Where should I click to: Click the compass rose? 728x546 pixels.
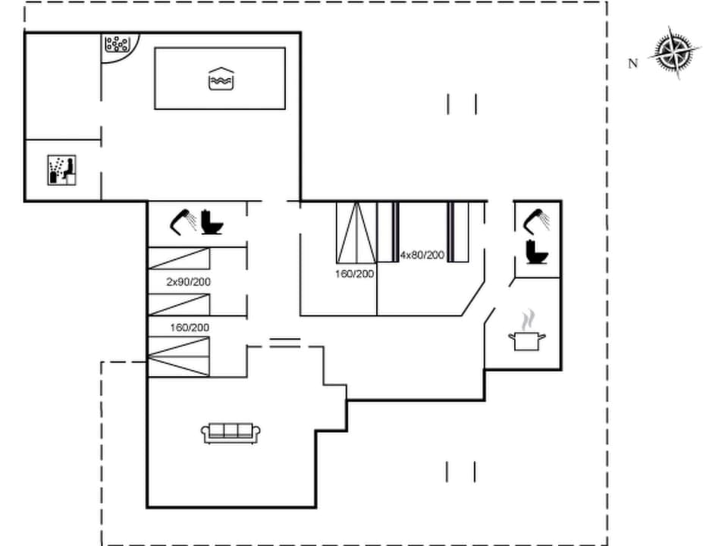[x=674, y=52]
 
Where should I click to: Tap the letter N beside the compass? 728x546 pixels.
[x=633, y=64]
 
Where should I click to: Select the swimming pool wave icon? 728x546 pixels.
[x=220, y=78]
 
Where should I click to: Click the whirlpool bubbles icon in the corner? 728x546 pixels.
[x=117, y=43]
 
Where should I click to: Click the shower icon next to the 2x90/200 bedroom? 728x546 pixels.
[x=184, y=221]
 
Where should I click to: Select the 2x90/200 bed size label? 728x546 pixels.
[x=189, y=282]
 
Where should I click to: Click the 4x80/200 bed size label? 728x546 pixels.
[x=422, y=255]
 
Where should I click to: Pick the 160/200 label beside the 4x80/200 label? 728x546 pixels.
[x=354, y=274]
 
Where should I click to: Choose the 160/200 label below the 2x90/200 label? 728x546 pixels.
[x=190, y=328]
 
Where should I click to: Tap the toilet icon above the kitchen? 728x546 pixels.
[x=537, y=251]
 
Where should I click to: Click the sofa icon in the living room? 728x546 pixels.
[x=231, y=433]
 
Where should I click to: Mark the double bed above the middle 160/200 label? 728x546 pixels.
[x=356, y=232]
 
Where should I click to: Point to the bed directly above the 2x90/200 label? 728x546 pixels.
[x=178, y=259]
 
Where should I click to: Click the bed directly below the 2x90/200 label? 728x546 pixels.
[x=178, y=304]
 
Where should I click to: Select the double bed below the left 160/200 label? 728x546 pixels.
[x=178, y=356]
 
